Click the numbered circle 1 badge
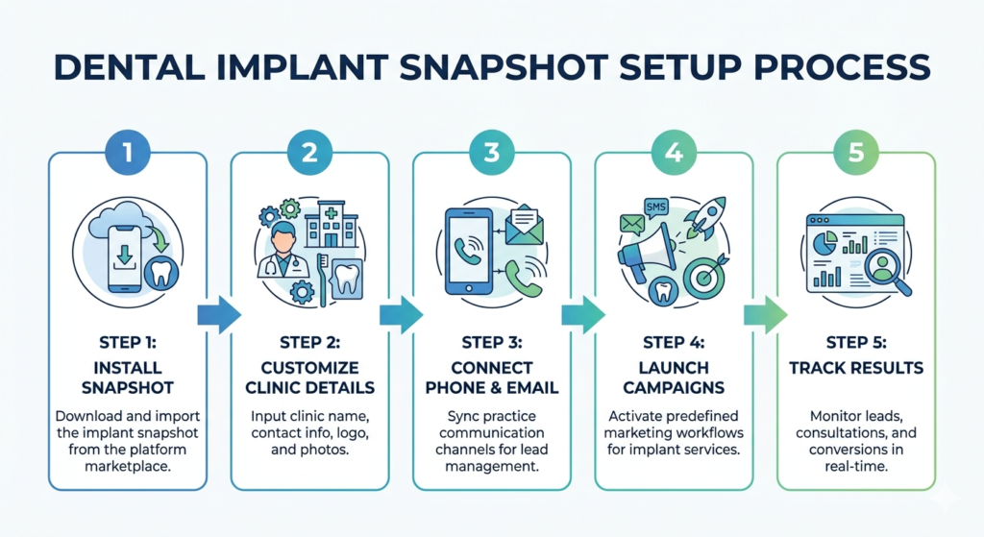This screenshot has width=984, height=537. point(127,151)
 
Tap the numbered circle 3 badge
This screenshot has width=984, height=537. point(492,151)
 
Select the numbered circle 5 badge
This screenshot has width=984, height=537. point(856,151)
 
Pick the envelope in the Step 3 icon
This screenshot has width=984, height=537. point(524,227)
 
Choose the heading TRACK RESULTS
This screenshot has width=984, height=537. point(856,368)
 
